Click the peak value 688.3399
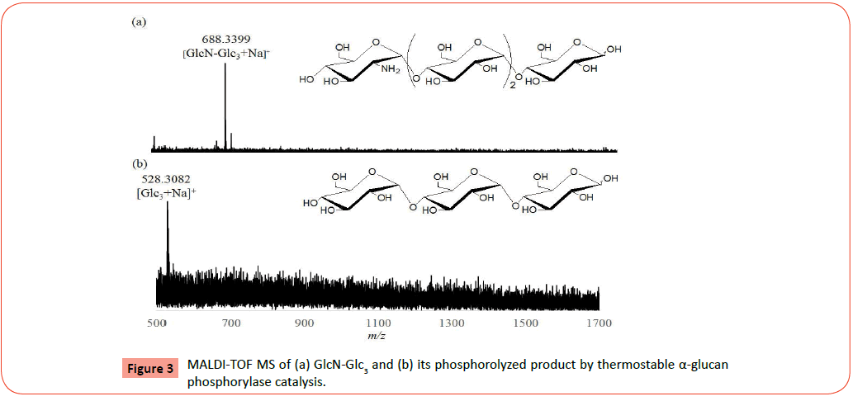point(225,39)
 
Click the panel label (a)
point(140,22)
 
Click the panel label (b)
point(140,163)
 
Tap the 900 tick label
point(304,323)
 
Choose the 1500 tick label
point(524,323)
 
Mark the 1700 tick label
point(598,323)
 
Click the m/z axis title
point(378,337)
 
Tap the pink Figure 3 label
point(150,368)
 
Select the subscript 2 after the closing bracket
point(512,87)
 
